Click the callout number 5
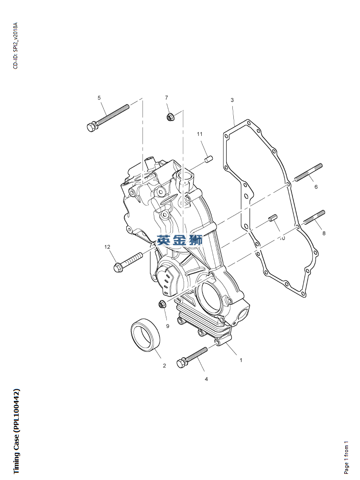click(x=99, y=98)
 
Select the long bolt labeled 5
click(x=108, y=117)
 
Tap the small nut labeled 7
click(x=169, y=116)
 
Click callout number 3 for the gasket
click(x=232, y=100)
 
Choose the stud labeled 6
click(x=308, y=173)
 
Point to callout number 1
click(x=241, y=360)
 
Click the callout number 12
click(x=108, y=247)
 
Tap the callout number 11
click(x=200, y=134)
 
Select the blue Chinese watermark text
click(x=180, y=240)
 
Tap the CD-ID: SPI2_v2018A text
click(x=15, y=45)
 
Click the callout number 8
click(x=324, y=233)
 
